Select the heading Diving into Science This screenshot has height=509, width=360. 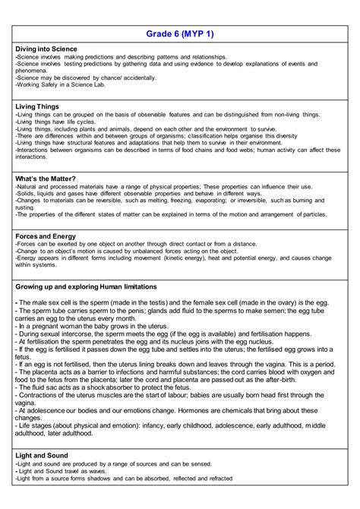pyautogui.click(x=46, y=49)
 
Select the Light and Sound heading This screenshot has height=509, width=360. pyautogui.click(x=41, y=455)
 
